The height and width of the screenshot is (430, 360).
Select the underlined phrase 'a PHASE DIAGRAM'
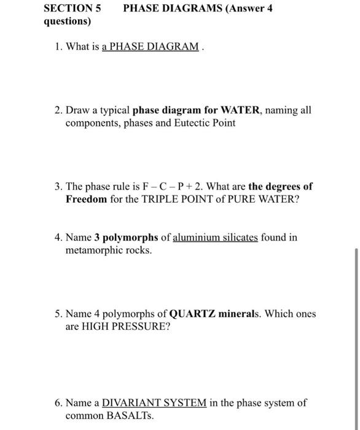pyautogui.click(x=151, y=47)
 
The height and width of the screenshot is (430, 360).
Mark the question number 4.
pyautogui.click(x=57, y=238)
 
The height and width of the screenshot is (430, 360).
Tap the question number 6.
pyautogui.click(x=57, y=403)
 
